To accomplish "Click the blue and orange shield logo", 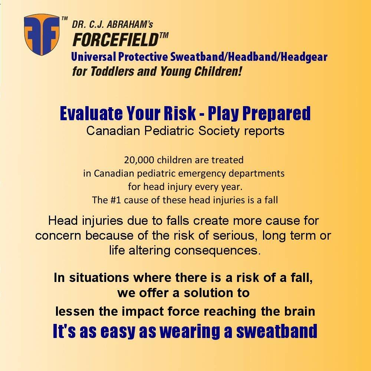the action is (42, 34).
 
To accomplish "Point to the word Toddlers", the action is (112, 71).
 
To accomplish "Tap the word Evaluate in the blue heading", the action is (91, 113).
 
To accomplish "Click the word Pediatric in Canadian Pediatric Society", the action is (170, 131).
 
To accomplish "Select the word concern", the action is (58, 236).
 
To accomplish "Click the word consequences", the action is (217, 251).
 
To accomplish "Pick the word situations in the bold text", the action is (99, 278).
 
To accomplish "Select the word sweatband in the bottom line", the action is (277, 331).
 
